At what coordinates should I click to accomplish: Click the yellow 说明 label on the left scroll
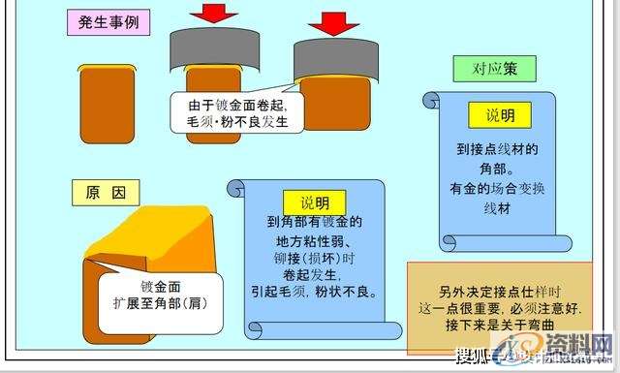point(315,202)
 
